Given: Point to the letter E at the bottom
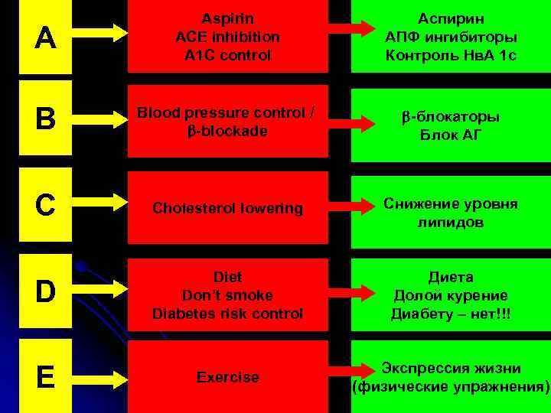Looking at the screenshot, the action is (x=45, y=376).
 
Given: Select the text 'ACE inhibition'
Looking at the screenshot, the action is (x=227, y=36).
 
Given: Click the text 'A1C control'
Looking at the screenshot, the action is (x=227, y=55).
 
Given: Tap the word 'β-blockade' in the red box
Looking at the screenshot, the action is (x=227, y=131).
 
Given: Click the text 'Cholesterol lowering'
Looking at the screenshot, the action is (x=227, y=208).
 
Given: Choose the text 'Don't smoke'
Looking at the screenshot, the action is (x=227, y=294).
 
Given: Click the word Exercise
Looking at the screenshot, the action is (x=227, y=377).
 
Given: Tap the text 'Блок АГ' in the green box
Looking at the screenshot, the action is (x=451, y=136).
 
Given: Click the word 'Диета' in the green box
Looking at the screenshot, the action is (x=451, y=276).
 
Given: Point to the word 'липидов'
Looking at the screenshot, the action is (x=451, y=222).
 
